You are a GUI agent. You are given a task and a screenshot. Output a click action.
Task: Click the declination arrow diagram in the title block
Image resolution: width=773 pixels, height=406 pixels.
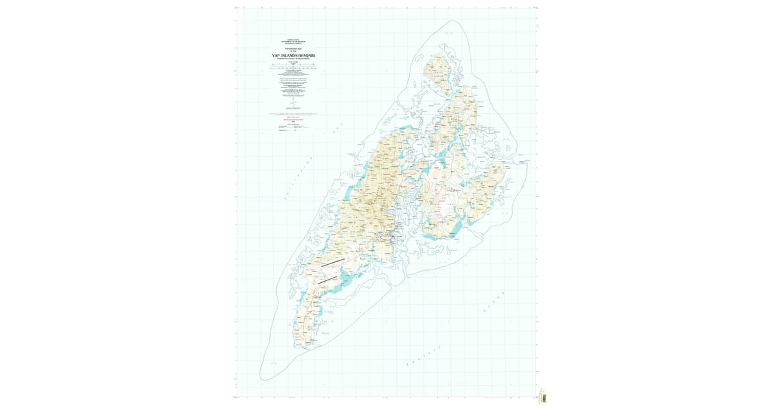(x=294, y=103)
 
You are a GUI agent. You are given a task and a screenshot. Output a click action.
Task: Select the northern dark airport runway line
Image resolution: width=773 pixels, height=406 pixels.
(x=334, y=262)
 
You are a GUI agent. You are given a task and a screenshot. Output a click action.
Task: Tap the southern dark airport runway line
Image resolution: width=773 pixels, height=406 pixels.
(x=327, y=279)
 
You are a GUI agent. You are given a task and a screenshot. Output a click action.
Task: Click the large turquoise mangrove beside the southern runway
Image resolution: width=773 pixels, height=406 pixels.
(x=348, y=278)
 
